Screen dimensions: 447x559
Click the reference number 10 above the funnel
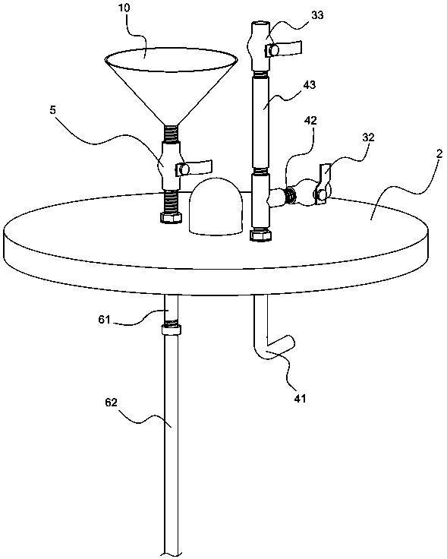(x=124, y=8)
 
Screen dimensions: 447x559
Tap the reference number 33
(x=317, y=15)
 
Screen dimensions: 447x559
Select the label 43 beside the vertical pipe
(x=309, y=85)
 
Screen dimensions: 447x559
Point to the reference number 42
(x=310, y=121)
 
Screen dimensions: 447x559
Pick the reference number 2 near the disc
(x=439, y=153)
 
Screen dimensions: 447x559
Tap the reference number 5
(x=52, y=110)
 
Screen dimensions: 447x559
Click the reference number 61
(x=105, y=320)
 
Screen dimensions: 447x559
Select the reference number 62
(x=111, y=403)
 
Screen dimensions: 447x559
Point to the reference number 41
(x=300, y=398)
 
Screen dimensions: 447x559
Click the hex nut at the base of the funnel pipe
(x=172, y=216)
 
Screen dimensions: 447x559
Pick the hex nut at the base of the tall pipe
(x=262, y=235)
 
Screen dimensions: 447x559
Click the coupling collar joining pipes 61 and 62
(x=171, y=329)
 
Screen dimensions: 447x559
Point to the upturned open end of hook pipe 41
(x=291, y=343)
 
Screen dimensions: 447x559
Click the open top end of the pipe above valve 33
(x=260, y=25)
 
